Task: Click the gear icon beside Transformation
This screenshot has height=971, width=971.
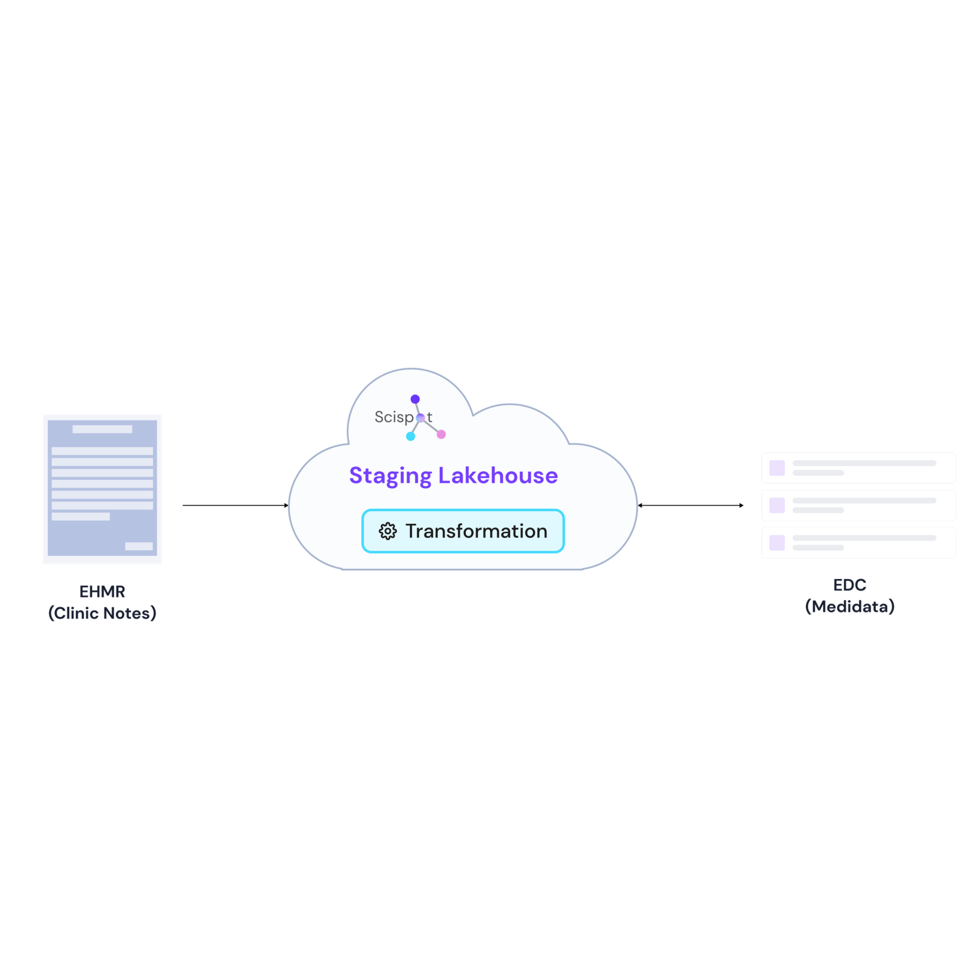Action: point(388,531)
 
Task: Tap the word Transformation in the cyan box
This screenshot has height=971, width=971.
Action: point(476,531)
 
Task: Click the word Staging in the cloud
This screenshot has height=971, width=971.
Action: point(390,476)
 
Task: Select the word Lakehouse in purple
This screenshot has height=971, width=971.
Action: point(498,476)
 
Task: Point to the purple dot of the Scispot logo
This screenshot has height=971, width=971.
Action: point(415,399)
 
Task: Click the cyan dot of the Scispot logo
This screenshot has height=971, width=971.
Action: point(410,436)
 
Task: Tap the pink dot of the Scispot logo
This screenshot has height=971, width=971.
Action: point(441,434)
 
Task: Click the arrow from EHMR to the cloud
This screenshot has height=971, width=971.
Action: point(235,505)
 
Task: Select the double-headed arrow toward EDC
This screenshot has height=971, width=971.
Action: point(690,505)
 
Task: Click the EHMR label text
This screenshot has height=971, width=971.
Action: point(102,592)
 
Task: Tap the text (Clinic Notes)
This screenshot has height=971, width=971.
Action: point(102,613)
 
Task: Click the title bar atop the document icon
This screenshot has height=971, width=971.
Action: point(102,429)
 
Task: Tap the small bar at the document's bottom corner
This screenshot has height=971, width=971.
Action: point(139,546)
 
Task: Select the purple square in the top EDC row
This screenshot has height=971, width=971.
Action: point(777,468)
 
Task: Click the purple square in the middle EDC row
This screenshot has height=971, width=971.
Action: point(777,506)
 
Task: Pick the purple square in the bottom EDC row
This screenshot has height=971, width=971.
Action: point(777,543)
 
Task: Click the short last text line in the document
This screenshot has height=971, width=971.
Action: point(80,517)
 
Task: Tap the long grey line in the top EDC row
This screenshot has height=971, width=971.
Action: point(864,463)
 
